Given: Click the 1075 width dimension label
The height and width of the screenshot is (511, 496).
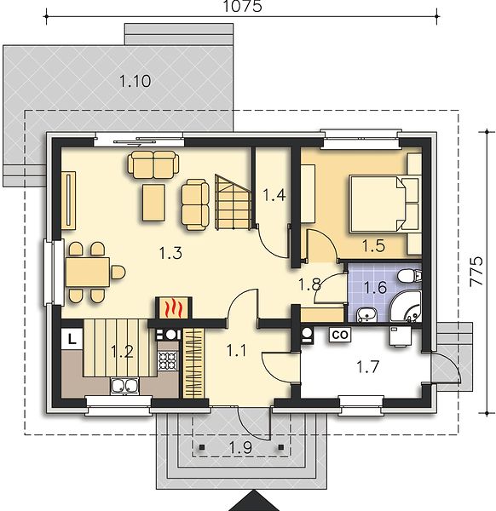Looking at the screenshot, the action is click(242, 6).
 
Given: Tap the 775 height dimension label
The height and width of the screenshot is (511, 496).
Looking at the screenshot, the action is click(476, 272).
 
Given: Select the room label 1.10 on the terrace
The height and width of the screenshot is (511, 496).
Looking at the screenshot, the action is click(135, 81).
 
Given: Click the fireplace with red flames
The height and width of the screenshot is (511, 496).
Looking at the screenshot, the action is click(173, 307).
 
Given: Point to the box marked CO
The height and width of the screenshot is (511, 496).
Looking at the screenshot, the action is click(340, 335).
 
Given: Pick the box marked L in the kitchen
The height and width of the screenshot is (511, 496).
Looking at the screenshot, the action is click(72, 340).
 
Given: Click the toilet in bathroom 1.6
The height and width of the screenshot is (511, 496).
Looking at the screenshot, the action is click(409, 276).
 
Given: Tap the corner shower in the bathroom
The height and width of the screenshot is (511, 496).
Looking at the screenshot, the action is click(406, 307).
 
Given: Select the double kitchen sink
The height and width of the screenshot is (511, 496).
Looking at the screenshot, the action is click(125, 386).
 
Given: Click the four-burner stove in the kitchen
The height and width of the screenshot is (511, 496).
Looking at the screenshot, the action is click(168, 360).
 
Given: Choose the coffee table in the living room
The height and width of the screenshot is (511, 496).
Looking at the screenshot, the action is click(153, 203).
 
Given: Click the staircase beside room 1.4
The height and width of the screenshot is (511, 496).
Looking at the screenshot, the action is click(233, 203).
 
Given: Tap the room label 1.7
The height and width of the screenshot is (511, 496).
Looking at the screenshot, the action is click(367, 367).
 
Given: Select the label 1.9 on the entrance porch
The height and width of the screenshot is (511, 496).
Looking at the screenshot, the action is click(241, 447).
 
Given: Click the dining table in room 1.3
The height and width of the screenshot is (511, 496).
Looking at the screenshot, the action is click(88, 272).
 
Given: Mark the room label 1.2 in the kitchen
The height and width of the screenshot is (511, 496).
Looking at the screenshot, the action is click(122, 352).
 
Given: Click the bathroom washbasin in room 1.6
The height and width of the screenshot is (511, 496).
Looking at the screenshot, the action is click(366, 315).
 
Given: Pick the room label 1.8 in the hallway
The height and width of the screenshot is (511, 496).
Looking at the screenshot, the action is click(310, 284).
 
